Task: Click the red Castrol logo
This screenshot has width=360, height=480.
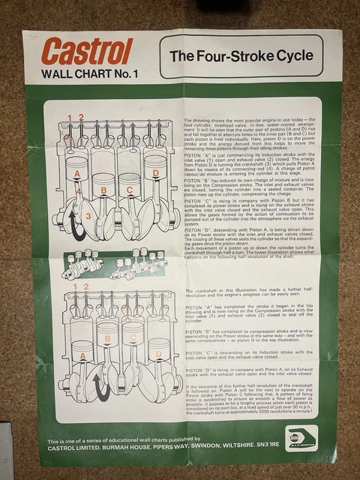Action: (x=87, y=52)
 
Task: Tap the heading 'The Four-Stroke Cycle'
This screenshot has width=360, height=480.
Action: (x=240, y=56)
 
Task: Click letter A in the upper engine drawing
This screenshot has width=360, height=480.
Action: (x=76, y=174)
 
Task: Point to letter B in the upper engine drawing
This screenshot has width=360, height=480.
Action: (x=103, y=190)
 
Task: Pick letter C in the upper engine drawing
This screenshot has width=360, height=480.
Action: (x=130, y=190)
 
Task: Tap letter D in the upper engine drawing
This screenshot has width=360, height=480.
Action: (x=156, y=174)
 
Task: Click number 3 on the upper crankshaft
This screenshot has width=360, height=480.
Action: (x=88, y=217)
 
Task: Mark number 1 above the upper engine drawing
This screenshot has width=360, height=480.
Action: (x=69, y=117)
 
